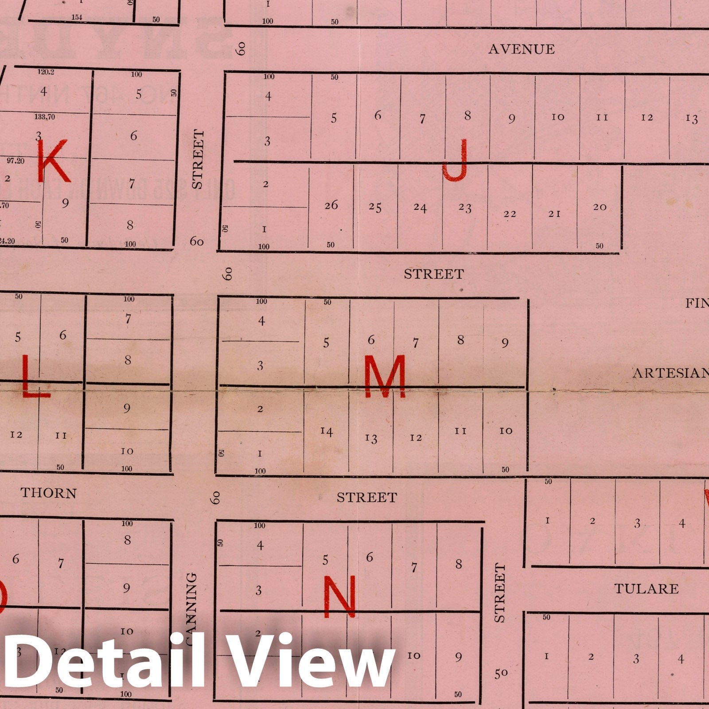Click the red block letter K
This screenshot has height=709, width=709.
[x=53, y=160]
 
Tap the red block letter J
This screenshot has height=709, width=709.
[x=456, y=160]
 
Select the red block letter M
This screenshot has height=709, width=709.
[x=385, y=377]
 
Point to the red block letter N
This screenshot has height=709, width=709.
[x=339, y=596]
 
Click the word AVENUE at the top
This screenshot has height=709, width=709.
[x=521, y=49]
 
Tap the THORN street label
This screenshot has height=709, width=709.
[x=48, y=493]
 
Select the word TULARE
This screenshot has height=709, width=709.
[x=646, y=589]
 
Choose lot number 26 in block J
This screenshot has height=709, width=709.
[x=331, y=205]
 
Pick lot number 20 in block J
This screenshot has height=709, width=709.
[x=600, y=207]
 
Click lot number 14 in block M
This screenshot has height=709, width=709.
[x=327, y=431]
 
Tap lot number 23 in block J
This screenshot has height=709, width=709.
[x=465, y=208]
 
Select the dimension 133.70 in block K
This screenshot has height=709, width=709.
[x=45, y=117]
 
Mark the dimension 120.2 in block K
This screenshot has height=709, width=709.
[x=46, y=71]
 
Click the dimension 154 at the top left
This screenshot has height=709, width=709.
[x=77, y=17]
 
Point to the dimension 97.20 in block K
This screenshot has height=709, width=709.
[x=16, y=160]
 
